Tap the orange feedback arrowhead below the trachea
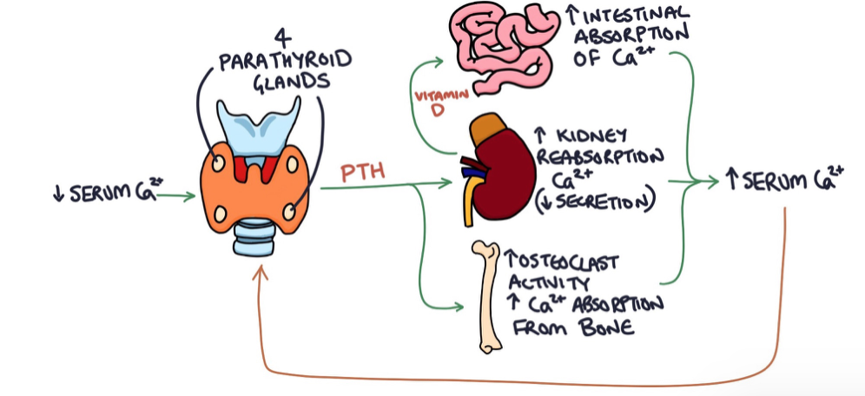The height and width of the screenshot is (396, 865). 259,272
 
